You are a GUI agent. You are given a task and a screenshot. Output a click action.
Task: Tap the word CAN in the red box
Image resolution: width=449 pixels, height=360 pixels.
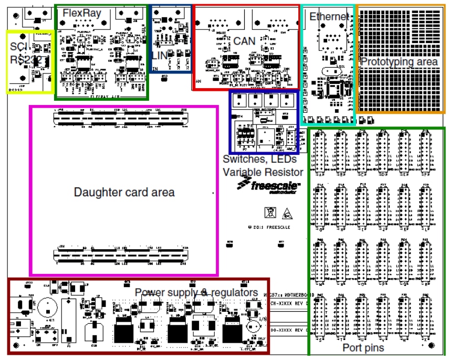coord(244,40)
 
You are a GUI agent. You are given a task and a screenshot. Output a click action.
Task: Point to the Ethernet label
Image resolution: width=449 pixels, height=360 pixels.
coord(328,16)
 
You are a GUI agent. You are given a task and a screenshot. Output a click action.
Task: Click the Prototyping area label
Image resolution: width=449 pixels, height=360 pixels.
coord(399,61)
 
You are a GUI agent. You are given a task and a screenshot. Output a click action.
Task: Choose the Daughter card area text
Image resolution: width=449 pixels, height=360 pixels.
coord(124,192)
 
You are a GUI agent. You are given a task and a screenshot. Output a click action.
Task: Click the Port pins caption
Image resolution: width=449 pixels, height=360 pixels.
coord(363,347)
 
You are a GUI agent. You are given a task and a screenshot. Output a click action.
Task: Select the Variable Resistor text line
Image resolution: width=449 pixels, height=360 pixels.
coord(263,172)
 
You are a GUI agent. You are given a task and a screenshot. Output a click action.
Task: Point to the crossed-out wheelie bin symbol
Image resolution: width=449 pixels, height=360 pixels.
coord(269,213)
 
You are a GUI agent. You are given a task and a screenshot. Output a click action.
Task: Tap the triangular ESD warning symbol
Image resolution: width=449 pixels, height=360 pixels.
coord(287,213)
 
